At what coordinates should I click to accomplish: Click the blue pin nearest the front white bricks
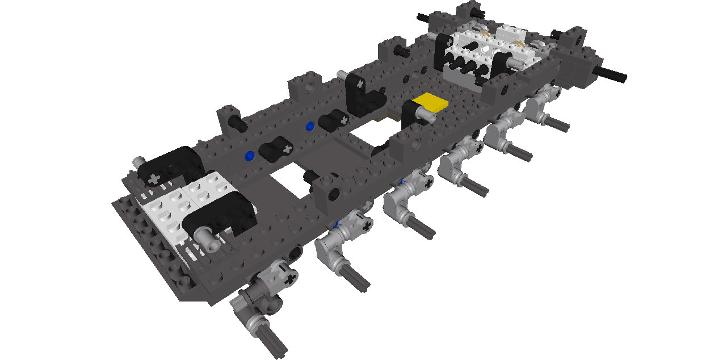249,154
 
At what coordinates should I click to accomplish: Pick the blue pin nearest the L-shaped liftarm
310,126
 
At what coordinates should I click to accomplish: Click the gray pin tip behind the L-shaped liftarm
341,74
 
